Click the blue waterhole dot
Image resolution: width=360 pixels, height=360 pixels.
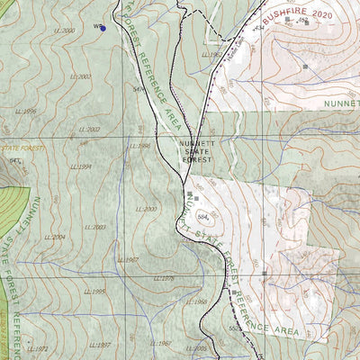103,28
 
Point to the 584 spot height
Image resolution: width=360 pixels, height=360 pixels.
202,216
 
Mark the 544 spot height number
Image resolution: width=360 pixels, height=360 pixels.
139,89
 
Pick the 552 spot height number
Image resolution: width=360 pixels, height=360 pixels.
234,328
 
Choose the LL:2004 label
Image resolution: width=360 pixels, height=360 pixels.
55,237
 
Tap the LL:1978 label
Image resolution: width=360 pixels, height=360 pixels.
164,279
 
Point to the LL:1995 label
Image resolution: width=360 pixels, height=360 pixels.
94,292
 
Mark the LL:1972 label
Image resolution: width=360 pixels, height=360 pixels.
37,349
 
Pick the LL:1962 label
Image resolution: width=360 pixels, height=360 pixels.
212,55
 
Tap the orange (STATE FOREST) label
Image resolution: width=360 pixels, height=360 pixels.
20,146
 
